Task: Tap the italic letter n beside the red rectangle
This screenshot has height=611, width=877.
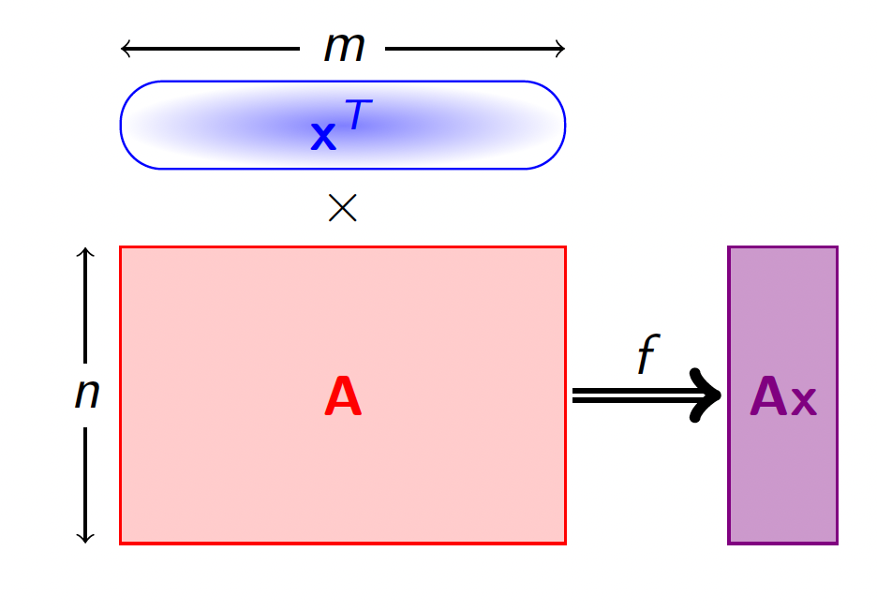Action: click(x=86, y=395)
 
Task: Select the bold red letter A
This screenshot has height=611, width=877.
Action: click(x=343, y=397)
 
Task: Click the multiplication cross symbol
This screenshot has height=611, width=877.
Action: click(x=343, y=208)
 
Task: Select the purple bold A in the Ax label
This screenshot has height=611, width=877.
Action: click(x=768, y=397)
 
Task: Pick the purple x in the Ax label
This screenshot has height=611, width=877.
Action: click(x=804, y=403)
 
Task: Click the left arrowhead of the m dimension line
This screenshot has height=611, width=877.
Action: click(x=126, y=49)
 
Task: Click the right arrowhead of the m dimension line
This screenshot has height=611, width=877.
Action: click(x=560, y=49)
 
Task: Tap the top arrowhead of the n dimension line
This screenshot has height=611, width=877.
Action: click(x=85, y=252)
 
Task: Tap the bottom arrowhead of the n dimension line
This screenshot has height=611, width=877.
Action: click(x=85, y=538)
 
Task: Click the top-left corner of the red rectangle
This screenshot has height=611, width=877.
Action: click(x=121, y=247)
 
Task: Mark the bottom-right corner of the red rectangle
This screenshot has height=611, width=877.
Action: click(x=565, y=543)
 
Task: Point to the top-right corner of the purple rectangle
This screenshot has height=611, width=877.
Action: click(x=837, y=247)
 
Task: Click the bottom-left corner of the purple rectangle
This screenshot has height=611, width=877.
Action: click(x=729, y=543)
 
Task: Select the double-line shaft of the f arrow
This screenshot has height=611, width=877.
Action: click(x=628, y=395)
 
